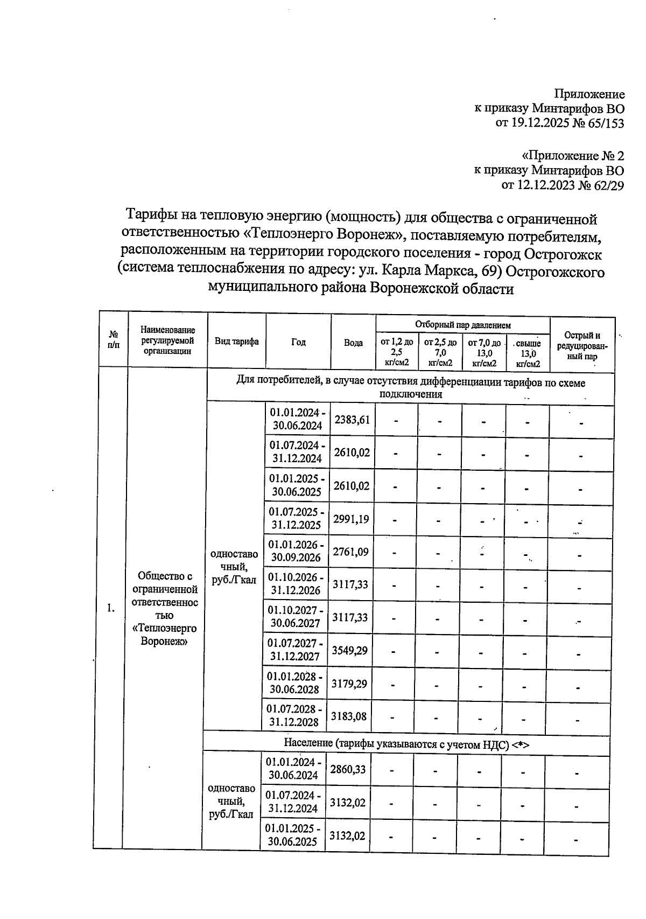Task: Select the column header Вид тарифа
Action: click(x=236, y=342)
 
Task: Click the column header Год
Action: click(x=298, y=342)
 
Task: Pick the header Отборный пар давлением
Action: click(x=462, y=325)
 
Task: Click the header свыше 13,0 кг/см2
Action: click(x=528, y=353)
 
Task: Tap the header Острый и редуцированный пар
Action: click(x=582, y=345)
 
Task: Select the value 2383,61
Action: click(x=352, y=419)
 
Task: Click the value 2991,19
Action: click(x=351, y=519)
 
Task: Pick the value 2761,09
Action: click(x=351, y=551)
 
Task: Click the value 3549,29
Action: click(x=349, y=650)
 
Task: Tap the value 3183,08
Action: click(x=349, y=716)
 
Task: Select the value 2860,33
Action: click(x=348, y=769)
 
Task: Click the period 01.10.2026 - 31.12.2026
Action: click(x=297, y=584)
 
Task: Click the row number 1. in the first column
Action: click(x=110, y=608)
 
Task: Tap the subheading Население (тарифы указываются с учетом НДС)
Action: click(x=406, y=743)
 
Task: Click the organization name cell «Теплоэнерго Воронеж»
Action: click(x=165, y=608)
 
